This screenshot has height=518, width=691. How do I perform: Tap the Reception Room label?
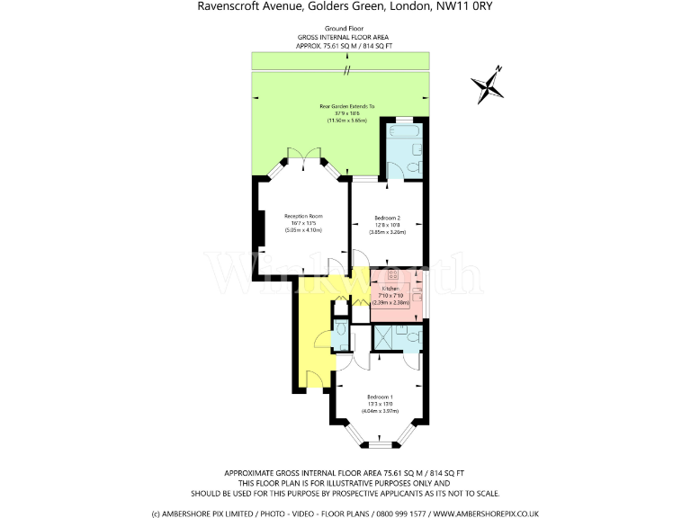(303, 216)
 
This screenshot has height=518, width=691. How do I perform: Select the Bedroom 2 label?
(387, 218)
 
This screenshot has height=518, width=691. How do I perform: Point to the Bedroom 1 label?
(380, 397)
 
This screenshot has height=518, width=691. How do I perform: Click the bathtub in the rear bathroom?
(404, 136)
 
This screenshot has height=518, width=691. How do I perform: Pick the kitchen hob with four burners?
(393, 275)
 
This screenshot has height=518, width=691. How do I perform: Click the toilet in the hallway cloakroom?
(340, 337)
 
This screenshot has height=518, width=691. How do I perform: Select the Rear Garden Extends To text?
(346, 106)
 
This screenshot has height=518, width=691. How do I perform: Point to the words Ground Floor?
(345, 29)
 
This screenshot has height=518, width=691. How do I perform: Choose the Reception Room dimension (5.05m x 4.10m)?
(303, 230)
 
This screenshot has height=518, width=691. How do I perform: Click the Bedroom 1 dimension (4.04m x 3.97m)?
(380, 411)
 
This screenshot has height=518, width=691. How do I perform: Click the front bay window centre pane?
(381, 443)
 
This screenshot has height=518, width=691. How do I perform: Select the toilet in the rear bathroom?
(414, 167)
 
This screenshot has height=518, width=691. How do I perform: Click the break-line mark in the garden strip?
(345, 70)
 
